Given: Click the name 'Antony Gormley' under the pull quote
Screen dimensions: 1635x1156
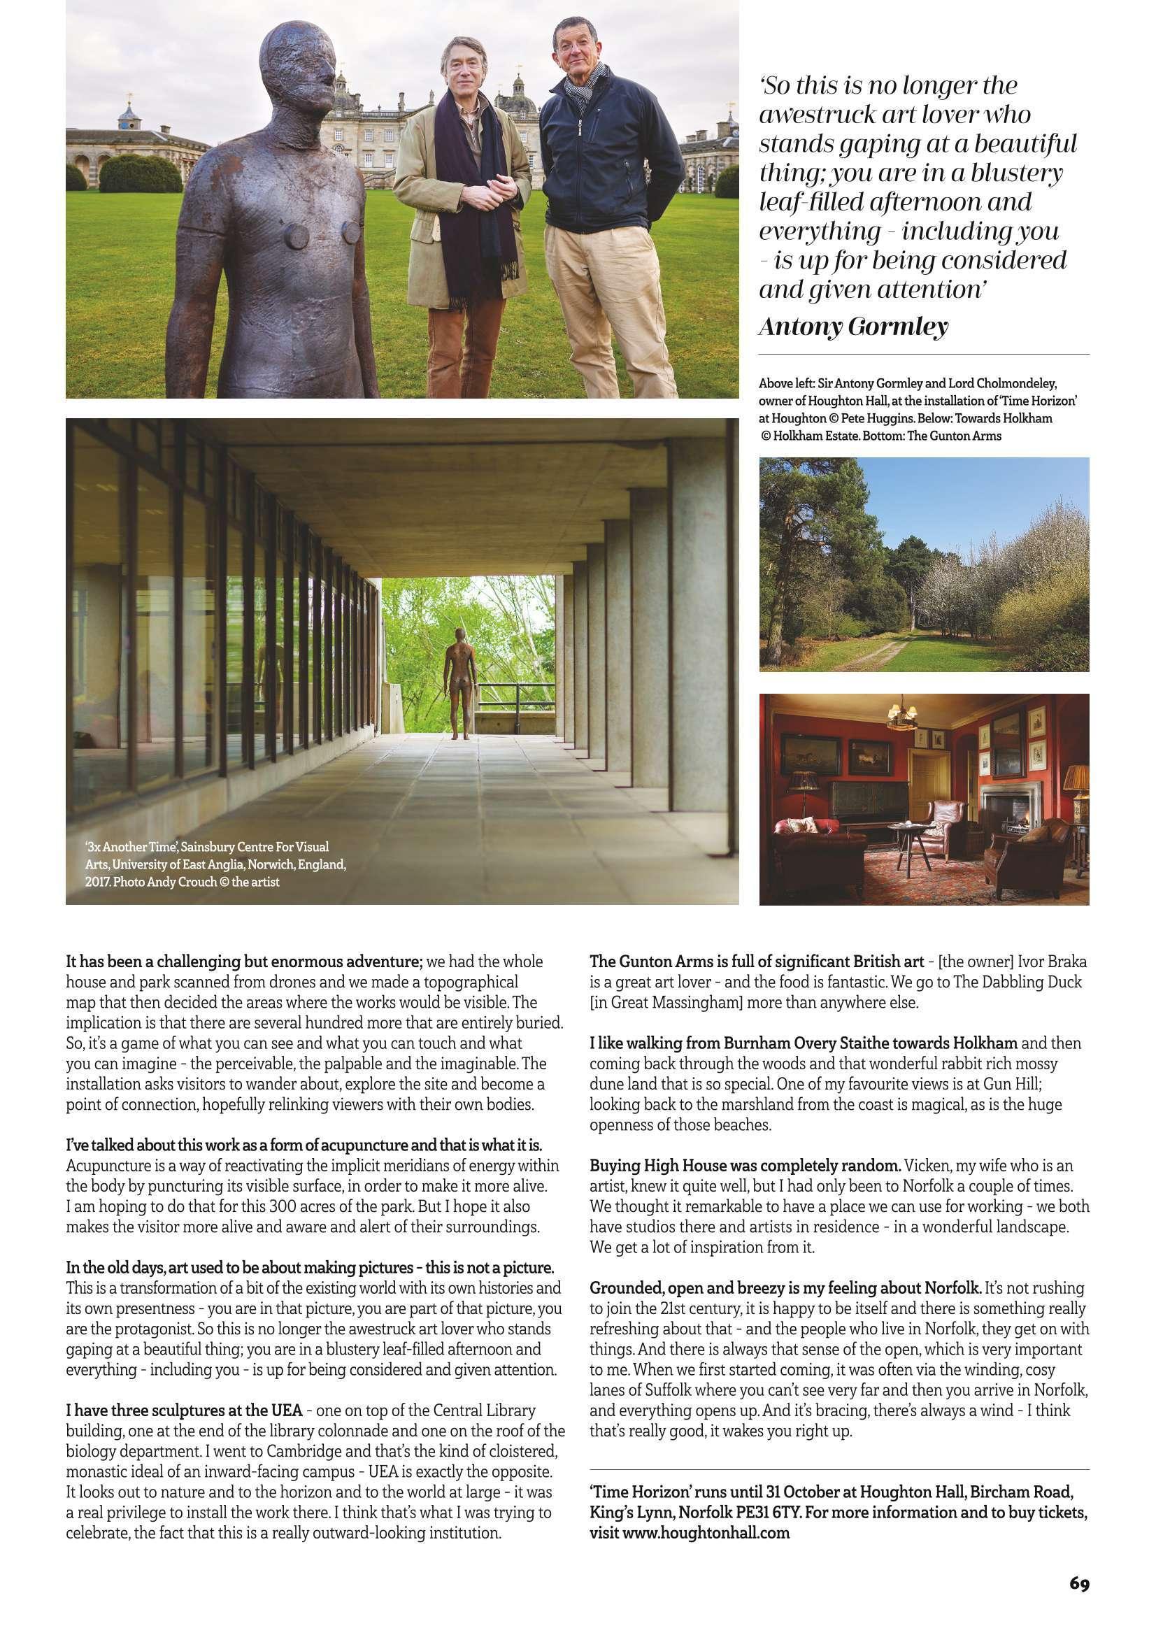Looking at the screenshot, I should tap(853, 327).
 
